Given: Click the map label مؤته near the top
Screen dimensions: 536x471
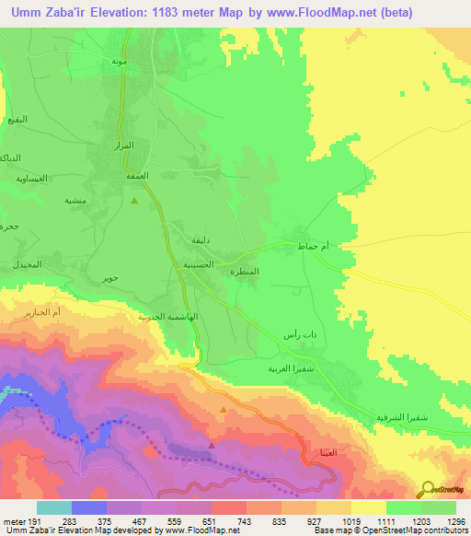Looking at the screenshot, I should pyautogui.click(x=119, y=60).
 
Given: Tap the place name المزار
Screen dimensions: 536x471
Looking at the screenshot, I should pyautogui.click(x=123, y=146).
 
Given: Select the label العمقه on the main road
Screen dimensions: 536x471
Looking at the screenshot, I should pyautogui.click(x=124, y=174).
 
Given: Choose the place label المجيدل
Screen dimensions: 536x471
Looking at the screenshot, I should pyautogui.click(x=29, y=264).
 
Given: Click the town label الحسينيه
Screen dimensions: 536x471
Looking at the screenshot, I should pyautogui.click(x=197, y=264).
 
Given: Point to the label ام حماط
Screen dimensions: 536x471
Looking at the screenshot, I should pyautogui.click(x=314, y=247).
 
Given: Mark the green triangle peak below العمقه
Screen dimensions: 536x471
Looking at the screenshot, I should pyautogui.click(x=134, y=200).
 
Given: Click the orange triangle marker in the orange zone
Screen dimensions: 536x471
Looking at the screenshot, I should pyautogui.click(x=223, y=410).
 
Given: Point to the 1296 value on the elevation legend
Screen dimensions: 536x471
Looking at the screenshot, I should pyautogui.click(x=454, y=521).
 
